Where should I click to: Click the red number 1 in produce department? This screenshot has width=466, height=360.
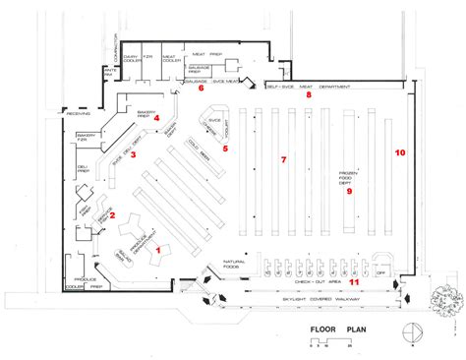(x=157, y=250)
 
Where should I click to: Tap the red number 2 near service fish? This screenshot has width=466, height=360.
(x=112, y=215)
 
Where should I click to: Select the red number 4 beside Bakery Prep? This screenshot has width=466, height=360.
(x=170, y=119)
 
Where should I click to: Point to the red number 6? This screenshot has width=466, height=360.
(x=201, y=89)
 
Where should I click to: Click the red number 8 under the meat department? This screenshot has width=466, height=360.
(x=307, y=95)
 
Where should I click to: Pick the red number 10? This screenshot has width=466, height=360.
(x=399, y=152)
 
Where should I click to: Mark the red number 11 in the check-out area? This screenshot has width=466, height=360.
(x=354, y=282)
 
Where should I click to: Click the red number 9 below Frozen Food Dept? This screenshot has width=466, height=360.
(x=348, y=192)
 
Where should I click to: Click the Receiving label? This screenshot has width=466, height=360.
(x=80, y=115)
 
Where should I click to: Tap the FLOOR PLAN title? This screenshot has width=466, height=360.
(x=337, y=330)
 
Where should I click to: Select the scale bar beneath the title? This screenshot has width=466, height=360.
(x=318, y=342)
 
